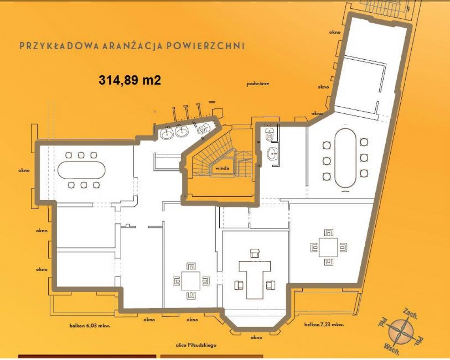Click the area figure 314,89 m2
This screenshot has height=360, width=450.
(130, 80)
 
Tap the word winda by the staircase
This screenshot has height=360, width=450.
(222, 168)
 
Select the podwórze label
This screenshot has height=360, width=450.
(258, 84)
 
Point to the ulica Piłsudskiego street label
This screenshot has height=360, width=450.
(196, 346)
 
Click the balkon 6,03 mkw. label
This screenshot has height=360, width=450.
(90, 326)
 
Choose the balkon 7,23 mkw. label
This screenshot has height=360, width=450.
(324, 325)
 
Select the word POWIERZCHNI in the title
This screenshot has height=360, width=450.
(206, 46)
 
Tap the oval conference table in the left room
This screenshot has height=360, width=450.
(81, 170)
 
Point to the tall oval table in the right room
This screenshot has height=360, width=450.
(345, 158)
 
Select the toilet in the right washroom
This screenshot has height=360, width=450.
(269, 134)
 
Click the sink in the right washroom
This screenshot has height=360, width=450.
(271, 153)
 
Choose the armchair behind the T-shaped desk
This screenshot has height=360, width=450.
(255, 253)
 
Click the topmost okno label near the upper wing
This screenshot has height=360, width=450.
(334, 32)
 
